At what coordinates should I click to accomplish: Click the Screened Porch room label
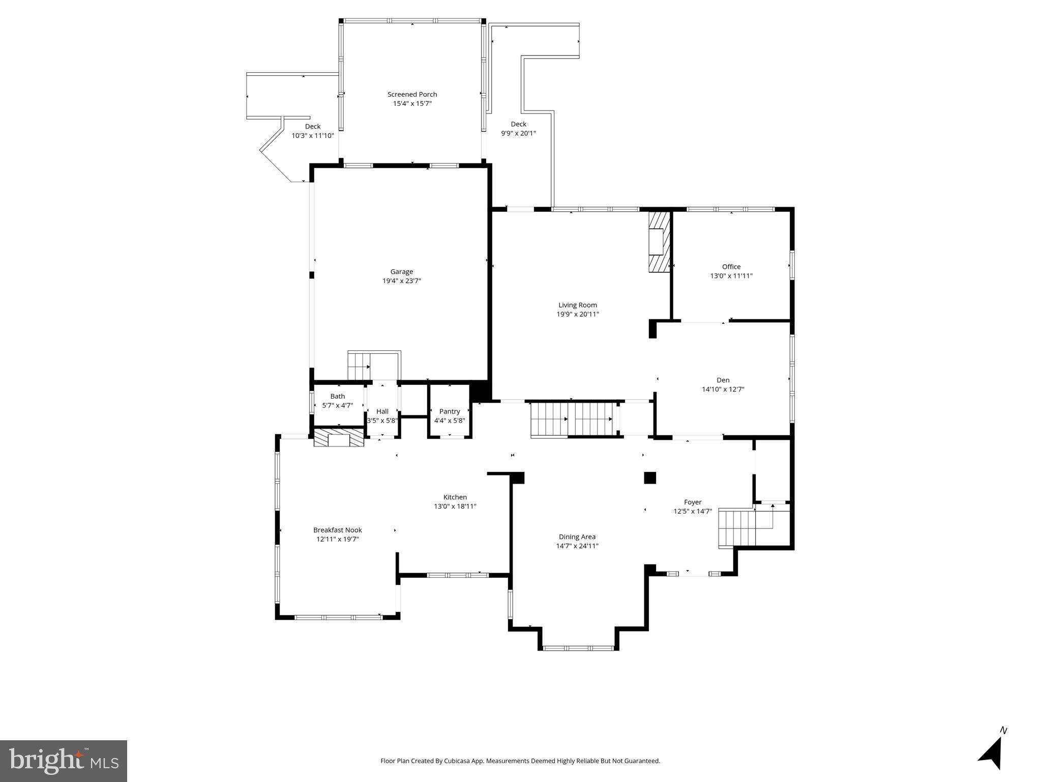pos(412,94)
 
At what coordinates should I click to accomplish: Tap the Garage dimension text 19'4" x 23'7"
pos(402,281)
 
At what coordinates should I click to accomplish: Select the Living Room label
pos(578,305)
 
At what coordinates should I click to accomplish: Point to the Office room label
pos(731,267)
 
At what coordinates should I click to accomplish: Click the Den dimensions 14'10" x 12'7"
pos(723,389)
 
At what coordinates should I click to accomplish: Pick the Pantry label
pos(450,411)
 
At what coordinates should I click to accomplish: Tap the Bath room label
pos(338,396)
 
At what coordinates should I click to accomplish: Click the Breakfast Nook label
pos(338,530)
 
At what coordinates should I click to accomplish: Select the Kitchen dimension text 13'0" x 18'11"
pos(455,507)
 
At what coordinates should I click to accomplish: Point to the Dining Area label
pos(577,537)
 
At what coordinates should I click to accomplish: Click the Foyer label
pos(693,502)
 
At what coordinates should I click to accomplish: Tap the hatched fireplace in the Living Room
pos(660,242)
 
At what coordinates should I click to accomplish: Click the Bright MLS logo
pos(64,761)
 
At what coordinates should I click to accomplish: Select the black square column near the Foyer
pos(650,478)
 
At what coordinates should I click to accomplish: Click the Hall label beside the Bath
pos(382,411)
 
